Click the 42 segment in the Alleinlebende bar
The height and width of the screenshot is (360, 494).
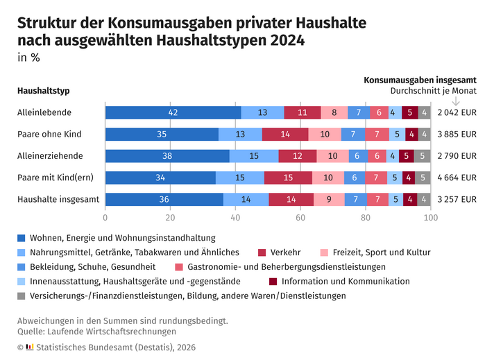coord(173,112)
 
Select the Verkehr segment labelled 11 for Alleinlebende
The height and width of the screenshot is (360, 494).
coord(303,112)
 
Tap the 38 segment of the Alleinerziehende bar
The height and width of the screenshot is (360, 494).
coord(167,156)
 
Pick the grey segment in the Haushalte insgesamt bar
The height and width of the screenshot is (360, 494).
coord(424,199)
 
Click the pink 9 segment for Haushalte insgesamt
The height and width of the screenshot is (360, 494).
coord(330,199)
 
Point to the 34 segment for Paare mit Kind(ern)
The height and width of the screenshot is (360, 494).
coord(161,178)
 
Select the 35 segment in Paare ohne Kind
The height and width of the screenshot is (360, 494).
coord(162,134)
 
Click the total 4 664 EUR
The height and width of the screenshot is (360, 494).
coord(457,178)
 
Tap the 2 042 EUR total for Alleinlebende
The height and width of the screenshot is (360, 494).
coord(457,112)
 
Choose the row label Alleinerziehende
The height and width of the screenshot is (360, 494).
coord(50,156)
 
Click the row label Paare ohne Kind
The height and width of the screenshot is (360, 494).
coord(49,134)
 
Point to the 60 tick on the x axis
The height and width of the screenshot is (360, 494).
coord(300,218)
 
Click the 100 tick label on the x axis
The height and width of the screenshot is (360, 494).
coord(431,218)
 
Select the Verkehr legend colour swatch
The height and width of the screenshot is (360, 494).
coord(262,252)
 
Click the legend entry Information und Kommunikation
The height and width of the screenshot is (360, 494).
coord(346,281)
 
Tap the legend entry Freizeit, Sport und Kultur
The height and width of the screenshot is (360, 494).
coord(382,252)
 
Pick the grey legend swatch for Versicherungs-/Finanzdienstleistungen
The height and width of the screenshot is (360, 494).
coord(21,296)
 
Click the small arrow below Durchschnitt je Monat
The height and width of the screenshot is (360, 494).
coord(456,101)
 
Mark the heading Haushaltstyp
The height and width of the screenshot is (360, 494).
coord(44,91)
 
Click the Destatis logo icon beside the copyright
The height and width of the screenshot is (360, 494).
coord(30,347)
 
